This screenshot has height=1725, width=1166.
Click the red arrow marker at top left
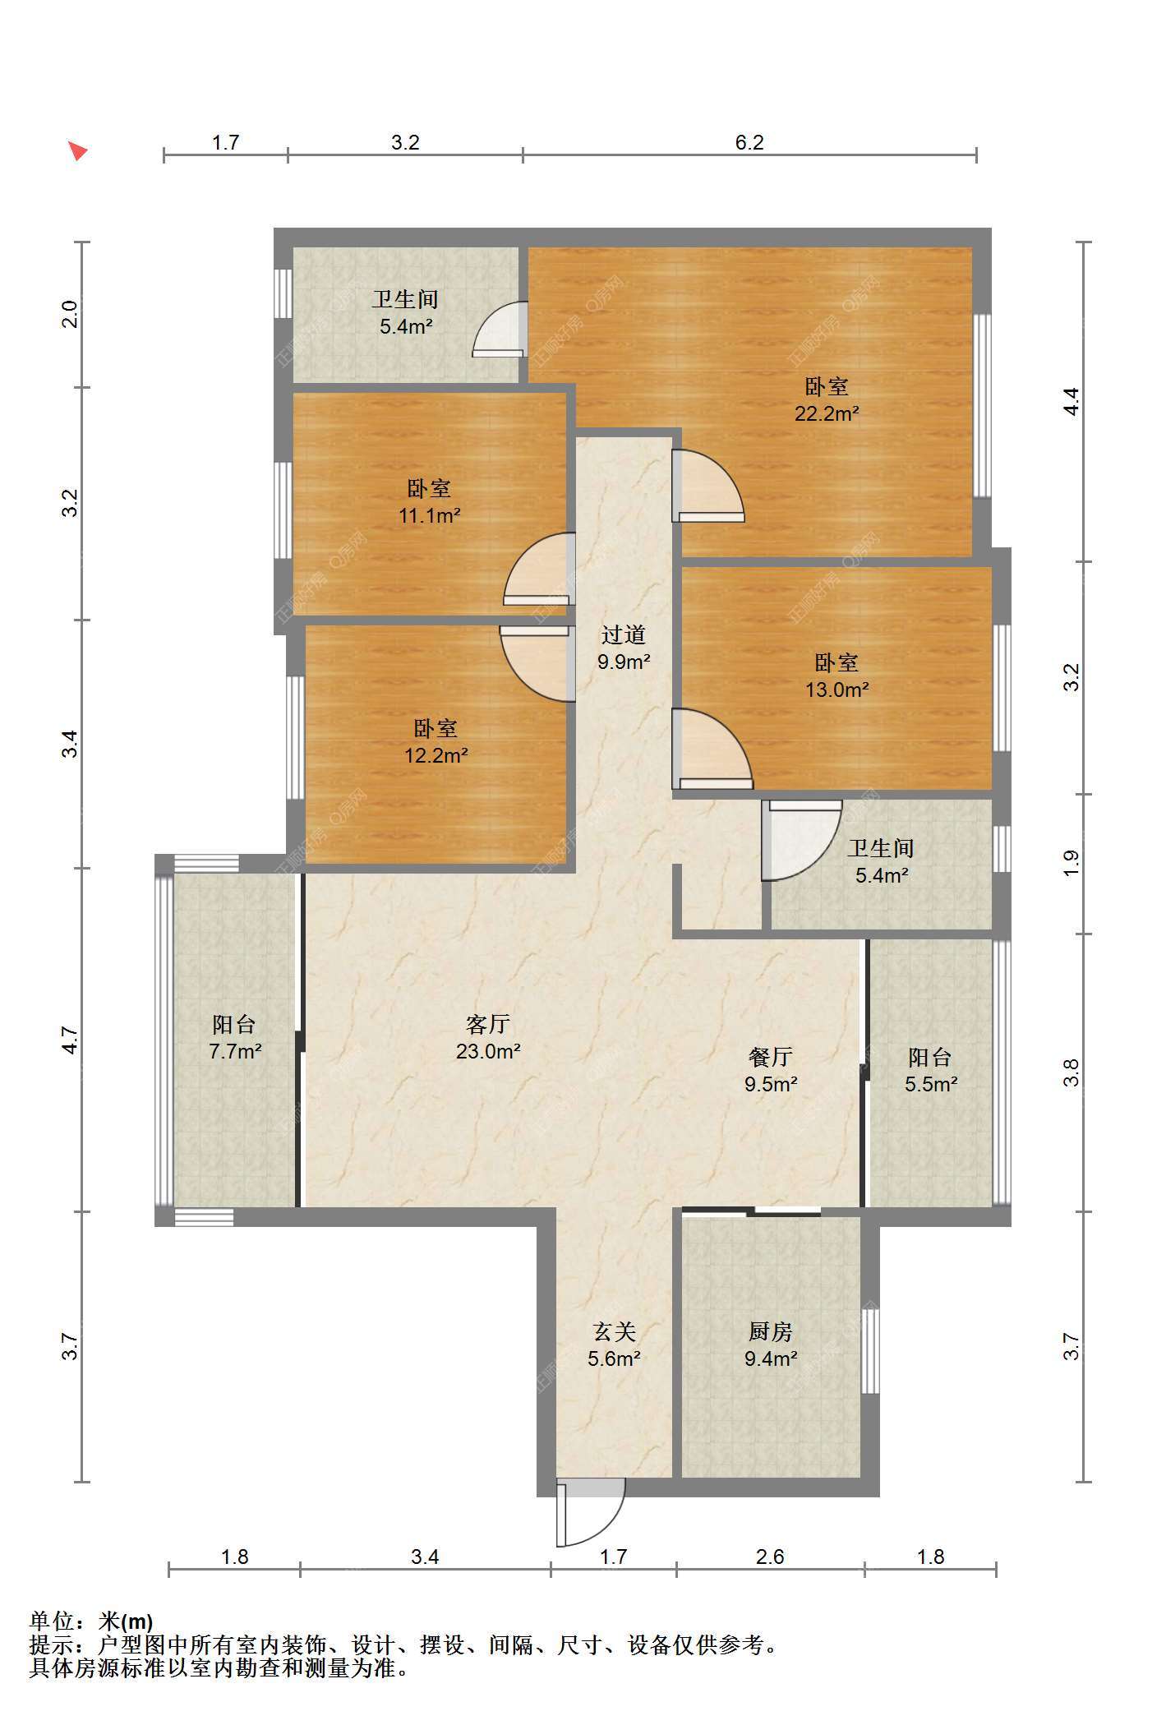[78, 150]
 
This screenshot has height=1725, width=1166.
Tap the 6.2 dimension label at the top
[749, 143]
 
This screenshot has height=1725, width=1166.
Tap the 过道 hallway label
[624, 634]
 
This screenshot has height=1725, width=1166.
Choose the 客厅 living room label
[488, 1024]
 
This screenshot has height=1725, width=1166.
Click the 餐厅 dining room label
[771, 1057]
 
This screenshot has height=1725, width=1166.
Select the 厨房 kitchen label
[771, 1331]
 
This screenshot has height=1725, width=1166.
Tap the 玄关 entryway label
[615, 1331]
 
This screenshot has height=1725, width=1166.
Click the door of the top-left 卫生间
[500, 330]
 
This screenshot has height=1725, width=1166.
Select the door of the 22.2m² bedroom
[707, 486]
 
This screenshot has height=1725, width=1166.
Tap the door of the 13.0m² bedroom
[712, 749]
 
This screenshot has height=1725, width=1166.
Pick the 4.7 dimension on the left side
[70, 1040]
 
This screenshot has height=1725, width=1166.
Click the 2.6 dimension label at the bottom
[770, 1556]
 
